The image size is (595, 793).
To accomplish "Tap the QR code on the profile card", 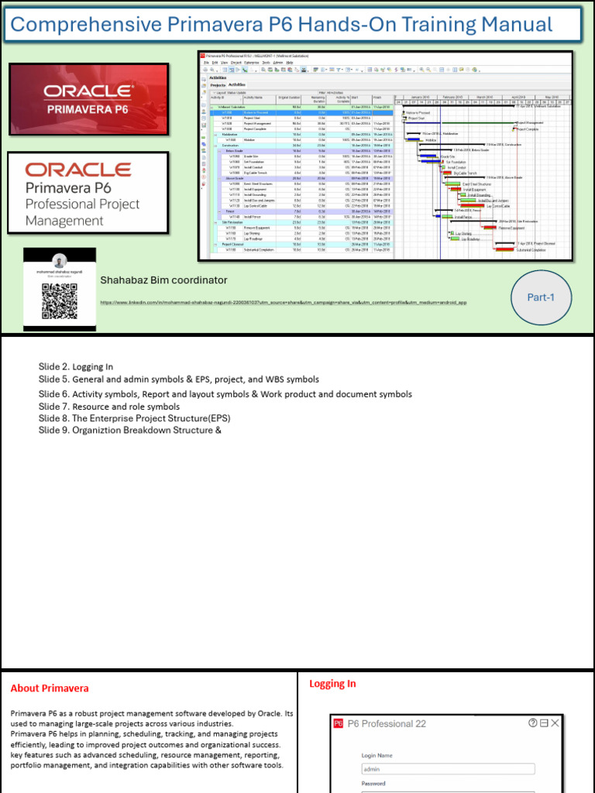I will coord(60,302).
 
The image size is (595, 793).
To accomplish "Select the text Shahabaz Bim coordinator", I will coord(163,280).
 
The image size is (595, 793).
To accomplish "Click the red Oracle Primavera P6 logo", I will coord(88,100).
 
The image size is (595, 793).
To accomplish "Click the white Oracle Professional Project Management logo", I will coord(88,194).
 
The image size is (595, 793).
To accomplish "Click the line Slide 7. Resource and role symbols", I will coord(108,407).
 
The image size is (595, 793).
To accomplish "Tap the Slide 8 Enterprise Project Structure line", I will coord(134,418).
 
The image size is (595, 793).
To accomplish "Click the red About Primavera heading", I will coord(50,688).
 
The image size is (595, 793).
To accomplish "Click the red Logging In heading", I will coord(332,684).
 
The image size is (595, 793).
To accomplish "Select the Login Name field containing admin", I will coord(448,769).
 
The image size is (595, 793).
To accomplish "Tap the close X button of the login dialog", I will coord(554,723).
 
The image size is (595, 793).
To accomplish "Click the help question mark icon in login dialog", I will coord(532,723).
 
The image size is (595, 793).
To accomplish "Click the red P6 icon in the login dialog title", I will coord(338,723).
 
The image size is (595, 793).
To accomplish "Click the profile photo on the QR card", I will coord(60,262).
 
